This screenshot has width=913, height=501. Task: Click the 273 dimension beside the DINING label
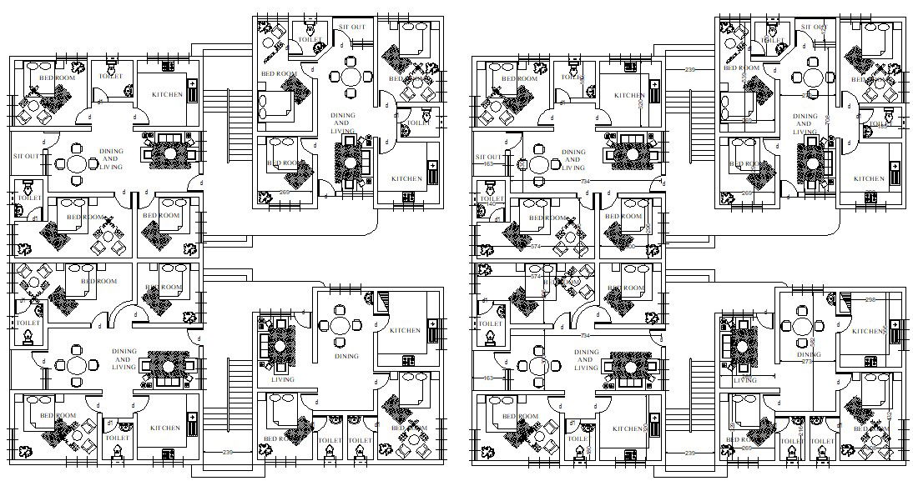coord(806,362)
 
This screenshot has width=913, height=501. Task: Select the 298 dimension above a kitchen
coord(870,300)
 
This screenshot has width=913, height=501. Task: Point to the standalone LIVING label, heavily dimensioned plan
coord(744,380)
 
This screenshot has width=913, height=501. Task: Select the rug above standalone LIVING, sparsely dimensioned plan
coord(277,344)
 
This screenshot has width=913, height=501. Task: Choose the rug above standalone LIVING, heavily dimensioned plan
coord(739,344)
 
